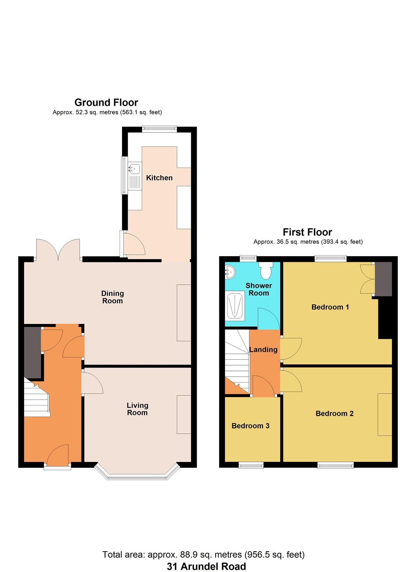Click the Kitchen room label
coord(159,178)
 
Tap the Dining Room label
coord(112,297)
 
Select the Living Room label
coord(137,409)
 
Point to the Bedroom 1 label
coord(330,307)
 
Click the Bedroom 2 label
coord(334,414)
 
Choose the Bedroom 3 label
coord(250,426)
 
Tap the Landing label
coord(263,350)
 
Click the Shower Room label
coord(259,289)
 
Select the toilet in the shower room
coord(266,271)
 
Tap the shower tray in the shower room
coord(235,306)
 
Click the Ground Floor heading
coord(106,102)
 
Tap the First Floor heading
coord(307,232)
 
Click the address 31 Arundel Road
coord(206,566)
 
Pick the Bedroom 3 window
coord(251,464)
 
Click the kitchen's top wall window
coord(159,128)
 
